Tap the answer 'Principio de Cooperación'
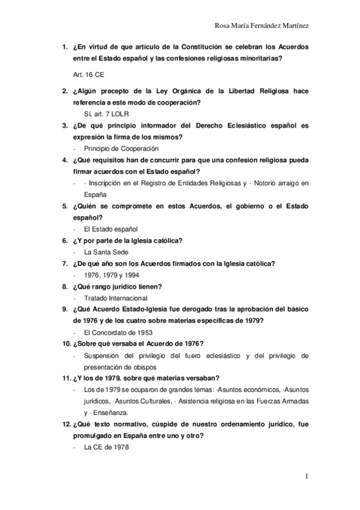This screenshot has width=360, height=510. (x=121, y=148)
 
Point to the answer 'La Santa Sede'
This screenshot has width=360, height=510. (x=106, y=252)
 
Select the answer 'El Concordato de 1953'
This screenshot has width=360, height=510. (x=118, y=333)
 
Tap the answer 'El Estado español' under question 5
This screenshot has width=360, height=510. (x=111, y=229)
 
